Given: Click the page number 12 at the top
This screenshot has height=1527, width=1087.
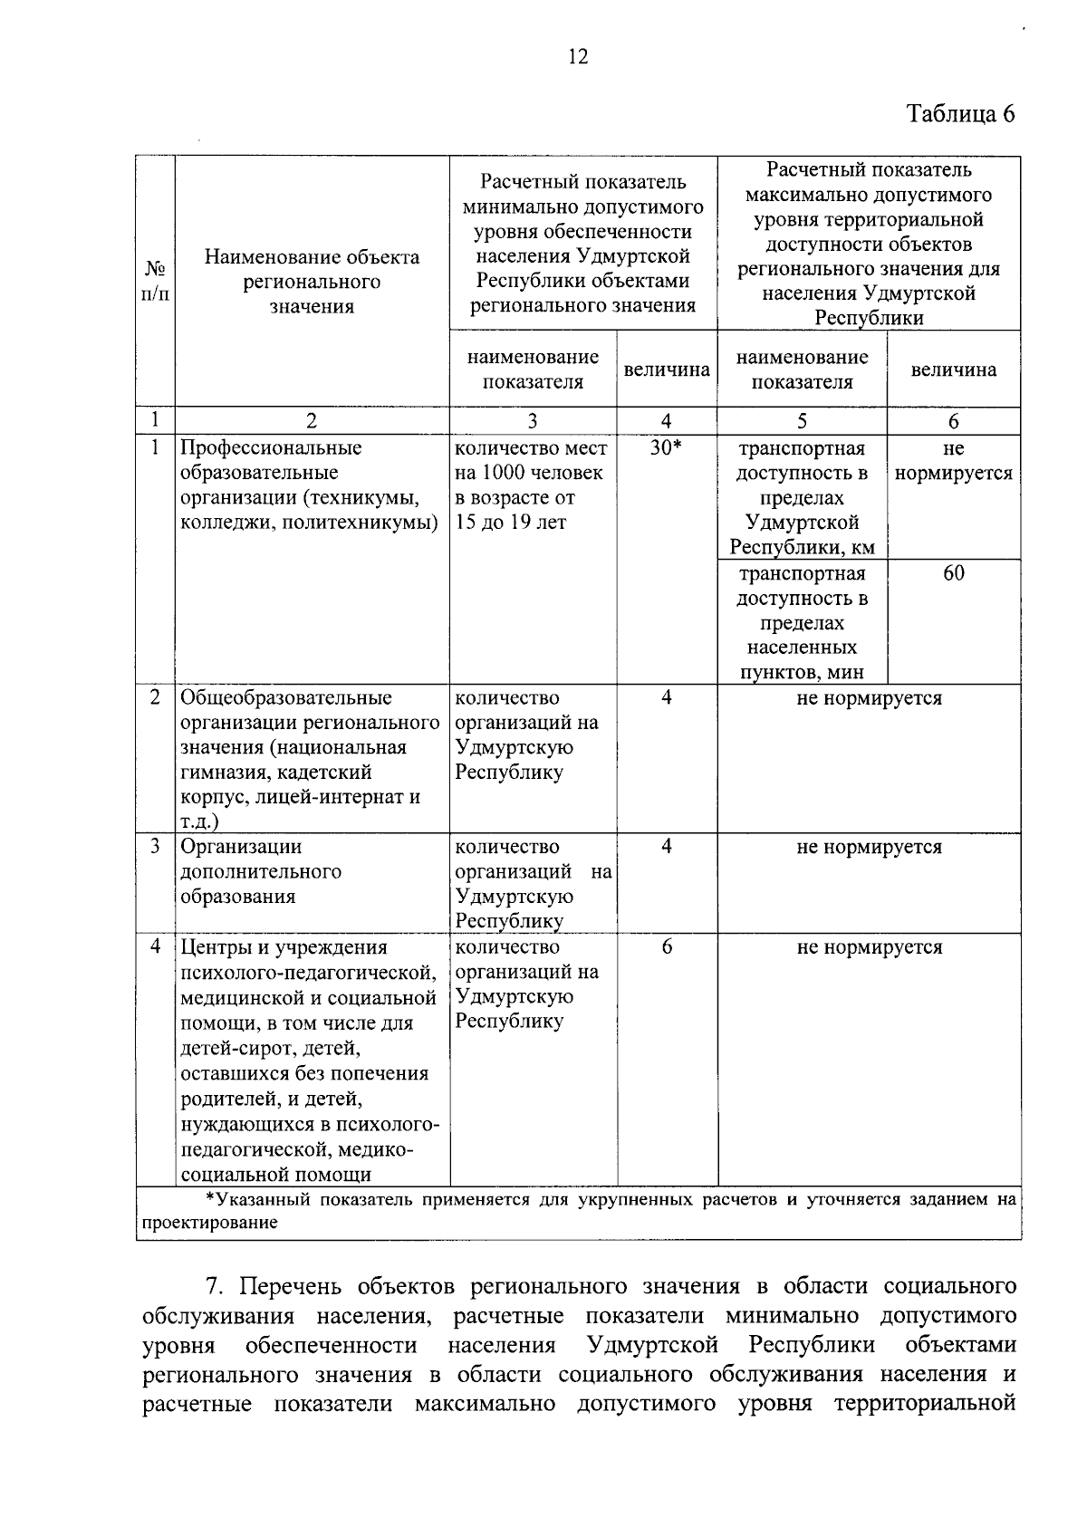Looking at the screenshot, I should click(x=578, y=58).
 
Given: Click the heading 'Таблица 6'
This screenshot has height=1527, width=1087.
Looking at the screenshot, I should click(x=961, y=114).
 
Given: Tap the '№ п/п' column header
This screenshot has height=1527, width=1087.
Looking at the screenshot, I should click(x=155, y=282).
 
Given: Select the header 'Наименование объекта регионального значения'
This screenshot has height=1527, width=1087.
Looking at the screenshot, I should click(x=312, y=282).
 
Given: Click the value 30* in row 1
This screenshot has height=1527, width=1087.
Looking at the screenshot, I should click(x=666, y=448).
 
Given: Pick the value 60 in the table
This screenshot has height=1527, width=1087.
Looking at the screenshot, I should click(x=953, y=573).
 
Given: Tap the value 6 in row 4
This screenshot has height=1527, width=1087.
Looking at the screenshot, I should click(x=667, y=946).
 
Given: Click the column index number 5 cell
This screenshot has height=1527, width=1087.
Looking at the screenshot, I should click(x=802, y=420).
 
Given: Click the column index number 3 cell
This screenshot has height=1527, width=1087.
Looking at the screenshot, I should click(x=533, y=420).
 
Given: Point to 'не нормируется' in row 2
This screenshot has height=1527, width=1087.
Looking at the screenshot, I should click(x=869, y=698).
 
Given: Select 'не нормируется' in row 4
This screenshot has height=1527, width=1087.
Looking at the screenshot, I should click(x=869, y=947).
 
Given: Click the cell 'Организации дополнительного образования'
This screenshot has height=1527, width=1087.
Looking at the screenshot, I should click(x=261, y=871).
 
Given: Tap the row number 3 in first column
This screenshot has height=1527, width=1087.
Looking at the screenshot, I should click(x=155, y=847).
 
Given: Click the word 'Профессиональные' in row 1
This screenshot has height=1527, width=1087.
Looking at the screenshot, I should click(x=271, y=448).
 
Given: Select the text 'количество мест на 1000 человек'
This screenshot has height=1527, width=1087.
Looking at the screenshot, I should click(x=531, y=460).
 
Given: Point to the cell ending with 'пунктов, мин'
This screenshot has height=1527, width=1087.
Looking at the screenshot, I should click(x=801, y=622).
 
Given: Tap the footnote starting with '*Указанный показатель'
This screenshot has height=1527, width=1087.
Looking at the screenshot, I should click(x=578, y=1211).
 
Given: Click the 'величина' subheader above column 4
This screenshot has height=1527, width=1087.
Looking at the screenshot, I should click(x=667, y=370).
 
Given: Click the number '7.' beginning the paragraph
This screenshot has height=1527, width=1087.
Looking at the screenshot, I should click(x=215, y=1287).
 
